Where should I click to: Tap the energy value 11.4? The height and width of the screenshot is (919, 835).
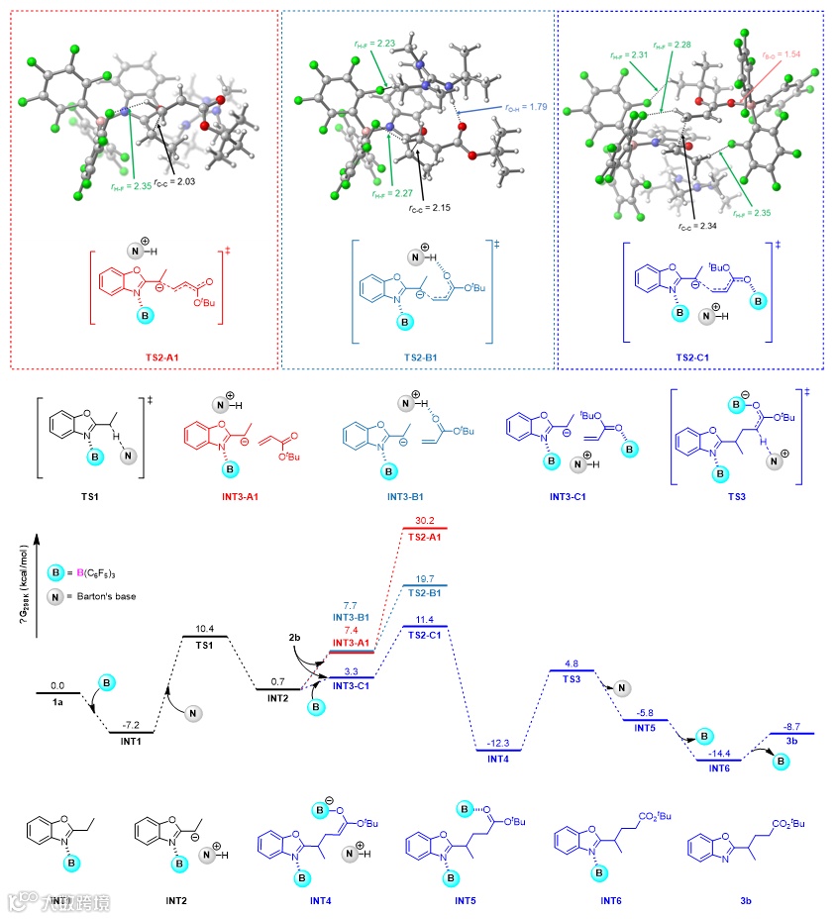point(426,618)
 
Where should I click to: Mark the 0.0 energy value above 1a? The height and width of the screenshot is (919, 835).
point(56,684)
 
